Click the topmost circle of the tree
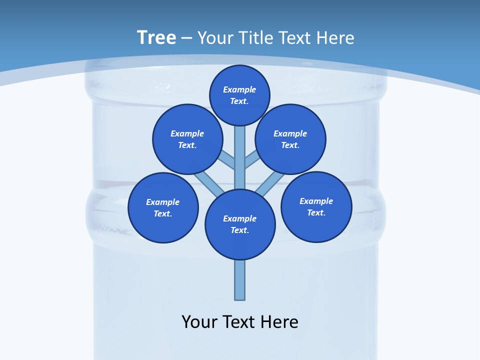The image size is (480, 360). (239, 95)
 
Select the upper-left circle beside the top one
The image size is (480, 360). (187, 139)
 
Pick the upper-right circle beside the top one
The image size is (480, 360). (290, 139)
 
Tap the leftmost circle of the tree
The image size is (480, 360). (163, 207)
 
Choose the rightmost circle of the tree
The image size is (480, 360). (316, 206)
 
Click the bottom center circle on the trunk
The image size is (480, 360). (240, 224)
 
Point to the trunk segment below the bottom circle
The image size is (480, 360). (240, 280)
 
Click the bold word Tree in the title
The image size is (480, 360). (156, 38)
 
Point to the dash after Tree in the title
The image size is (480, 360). (186, 38)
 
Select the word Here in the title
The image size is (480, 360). (336, 38)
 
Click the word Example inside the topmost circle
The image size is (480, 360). (239, 90)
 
